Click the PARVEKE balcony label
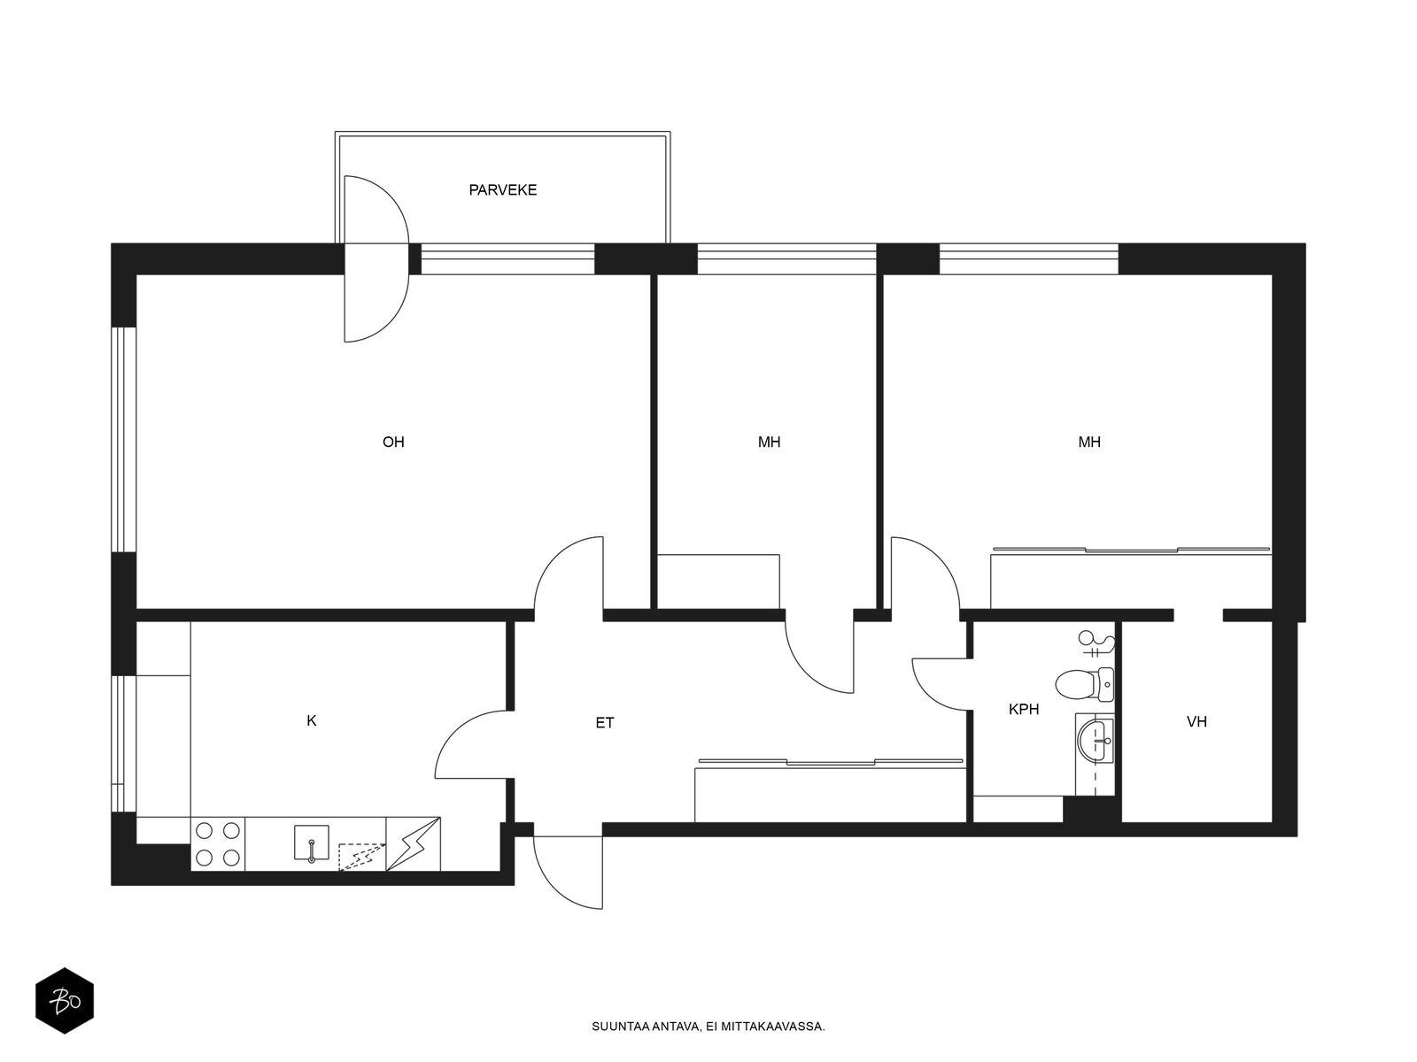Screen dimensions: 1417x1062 (x=502, y=190)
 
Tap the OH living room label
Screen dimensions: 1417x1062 (x=393, y=442)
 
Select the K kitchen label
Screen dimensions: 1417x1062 (x=311, y=721)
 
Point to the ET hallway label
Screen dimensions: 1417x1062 (x=605, y=723)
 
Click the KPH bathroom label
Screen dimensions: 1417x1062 (x=1024, y=709)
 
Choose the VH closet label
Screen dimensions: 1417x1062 (x=1196, y=721)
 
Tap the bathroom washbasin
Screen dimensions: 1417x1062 (x=1095, y=741)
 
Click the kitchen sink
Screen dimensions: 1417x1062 (x=311, y=843)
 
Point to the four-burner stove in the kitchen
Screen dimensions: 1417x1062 (x=218, y=844)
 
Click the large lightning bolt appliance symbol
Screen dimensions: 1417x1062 (x=414, y=844)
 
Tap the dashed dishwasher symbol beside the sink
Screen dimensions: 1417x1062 (x=361, y=857)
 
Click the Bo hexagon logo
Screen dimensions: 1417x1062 (x=65, y=1001)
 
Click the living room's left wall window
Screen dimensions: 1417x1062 (x=123, y=440)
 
